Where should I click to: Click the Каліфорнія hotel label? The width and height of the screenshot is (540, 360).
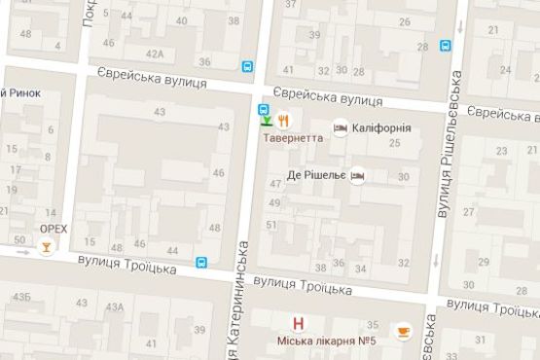tap(381, 127)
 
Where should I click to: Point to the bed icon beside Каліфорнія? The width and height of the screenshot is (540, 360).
tap(341, 127)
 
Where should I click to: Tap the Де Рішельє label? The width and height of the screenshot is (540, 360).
tap(317, 176)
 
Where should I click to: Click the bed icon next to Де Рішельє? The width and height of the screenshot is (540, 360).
tap(358, 176)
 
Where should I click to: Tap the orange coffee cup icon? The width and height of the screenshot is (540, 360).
tap(402, 333)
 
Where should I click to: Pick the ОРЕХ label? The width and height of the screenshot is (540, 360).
tap(53, 230)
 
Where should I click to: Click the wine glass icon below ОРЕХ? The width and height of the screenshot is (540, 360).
tap(44, 247)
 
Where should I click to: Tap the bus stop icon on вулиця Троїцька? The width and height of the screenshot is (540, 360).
tap(201, 262)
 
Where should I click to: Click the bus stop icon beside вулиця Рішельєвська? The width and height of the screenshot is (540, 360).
tap(445, 45)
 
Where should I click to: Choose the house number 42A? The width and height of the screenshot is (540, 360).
tap(155, 54)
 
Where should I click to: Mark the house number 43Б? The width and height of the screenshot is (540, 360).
tap(20, 296)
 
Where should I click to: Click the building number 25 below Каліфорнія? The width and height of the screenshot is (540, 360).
tap(394, 144)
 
